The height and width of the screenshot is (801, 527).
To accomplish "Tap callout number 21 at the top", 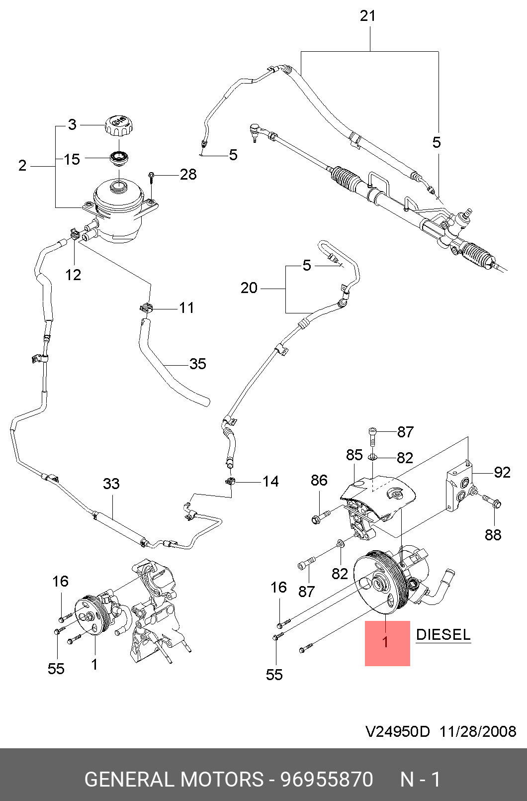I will click(367, 16).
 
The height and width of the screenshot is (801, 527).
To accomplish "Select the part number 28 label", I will click(188, 175).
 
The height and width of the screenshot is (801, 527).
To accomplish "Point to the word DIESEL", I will click(443, 635).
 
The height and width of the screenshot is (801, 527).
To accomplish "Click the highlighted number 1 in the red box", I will click(385, 642).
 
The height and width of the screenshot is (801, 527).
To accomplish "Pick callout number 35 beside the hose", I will click(197, 364).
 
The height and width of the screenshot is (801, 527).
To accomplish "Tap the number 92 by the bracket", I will click(502, 472).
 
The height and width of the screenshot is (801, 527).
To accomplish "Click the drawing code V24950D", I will click(397, 731).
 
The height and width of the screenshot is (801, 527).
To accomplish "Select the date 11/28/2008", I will click(478, 731).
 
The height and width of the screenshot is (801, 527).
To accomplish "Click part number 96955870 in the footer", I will click(327, 779).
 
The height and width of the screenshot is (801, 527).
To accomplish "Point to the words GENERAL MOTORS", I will click(174, 779).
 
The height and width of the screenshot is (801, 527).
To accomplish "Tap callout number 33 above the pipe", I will click(111, 484).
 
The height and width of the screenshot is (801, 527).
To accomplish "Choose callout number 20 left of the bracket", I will click(249, 288).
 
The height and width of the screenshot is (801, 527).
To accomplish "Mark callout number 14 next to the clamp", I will click(270, 481).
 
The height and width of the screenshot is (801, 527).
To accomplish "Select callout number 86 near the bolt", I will click(319, 480).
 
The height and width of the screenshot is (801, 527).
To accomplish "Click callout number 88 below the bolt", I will click(493, 535).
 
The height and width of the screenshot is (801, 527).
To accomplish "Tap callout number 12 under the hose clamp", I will click(73, 275).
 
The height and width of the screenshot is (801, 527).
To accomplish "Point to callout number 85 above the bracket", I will click(354, 455).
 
